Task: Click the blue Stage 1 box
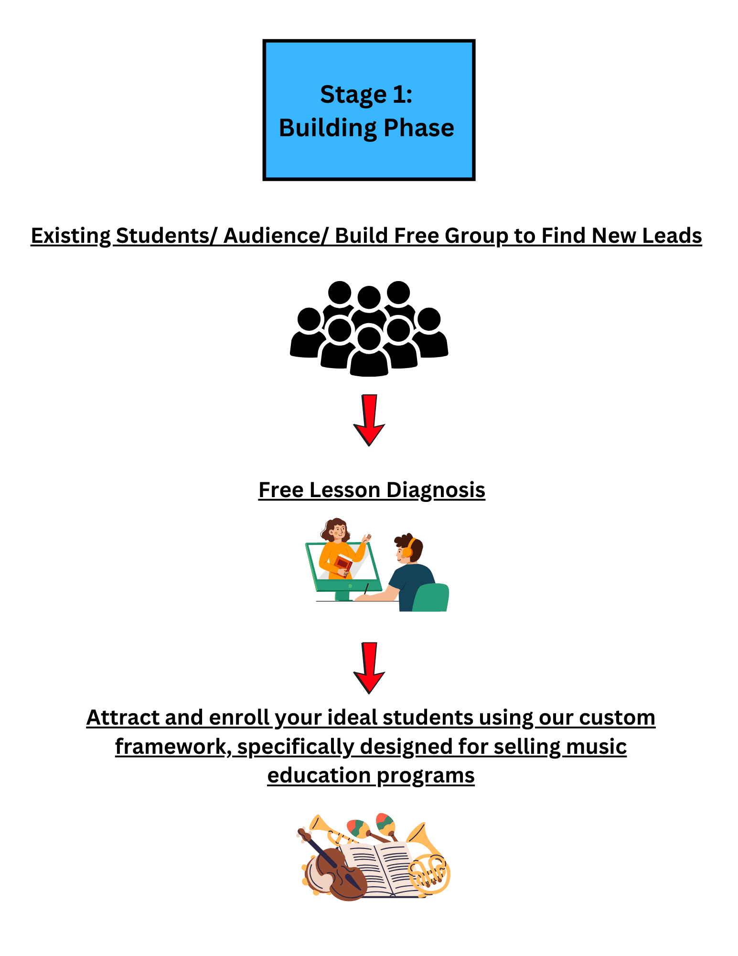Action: [x=369, y=110]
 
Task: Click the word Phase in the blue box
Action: [x=419, y=128]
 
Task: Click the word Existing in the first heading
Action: [x=71, y=236]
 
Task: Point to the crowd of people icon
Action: [x=369, y=328]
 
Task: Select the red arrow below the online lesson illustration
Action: [x=369, y=668]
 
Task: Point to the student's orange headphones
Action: [x=408, y=548]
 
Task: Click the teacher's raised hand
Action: [x=366, y=539]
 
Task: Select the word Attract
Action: [x=123, y=717]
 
